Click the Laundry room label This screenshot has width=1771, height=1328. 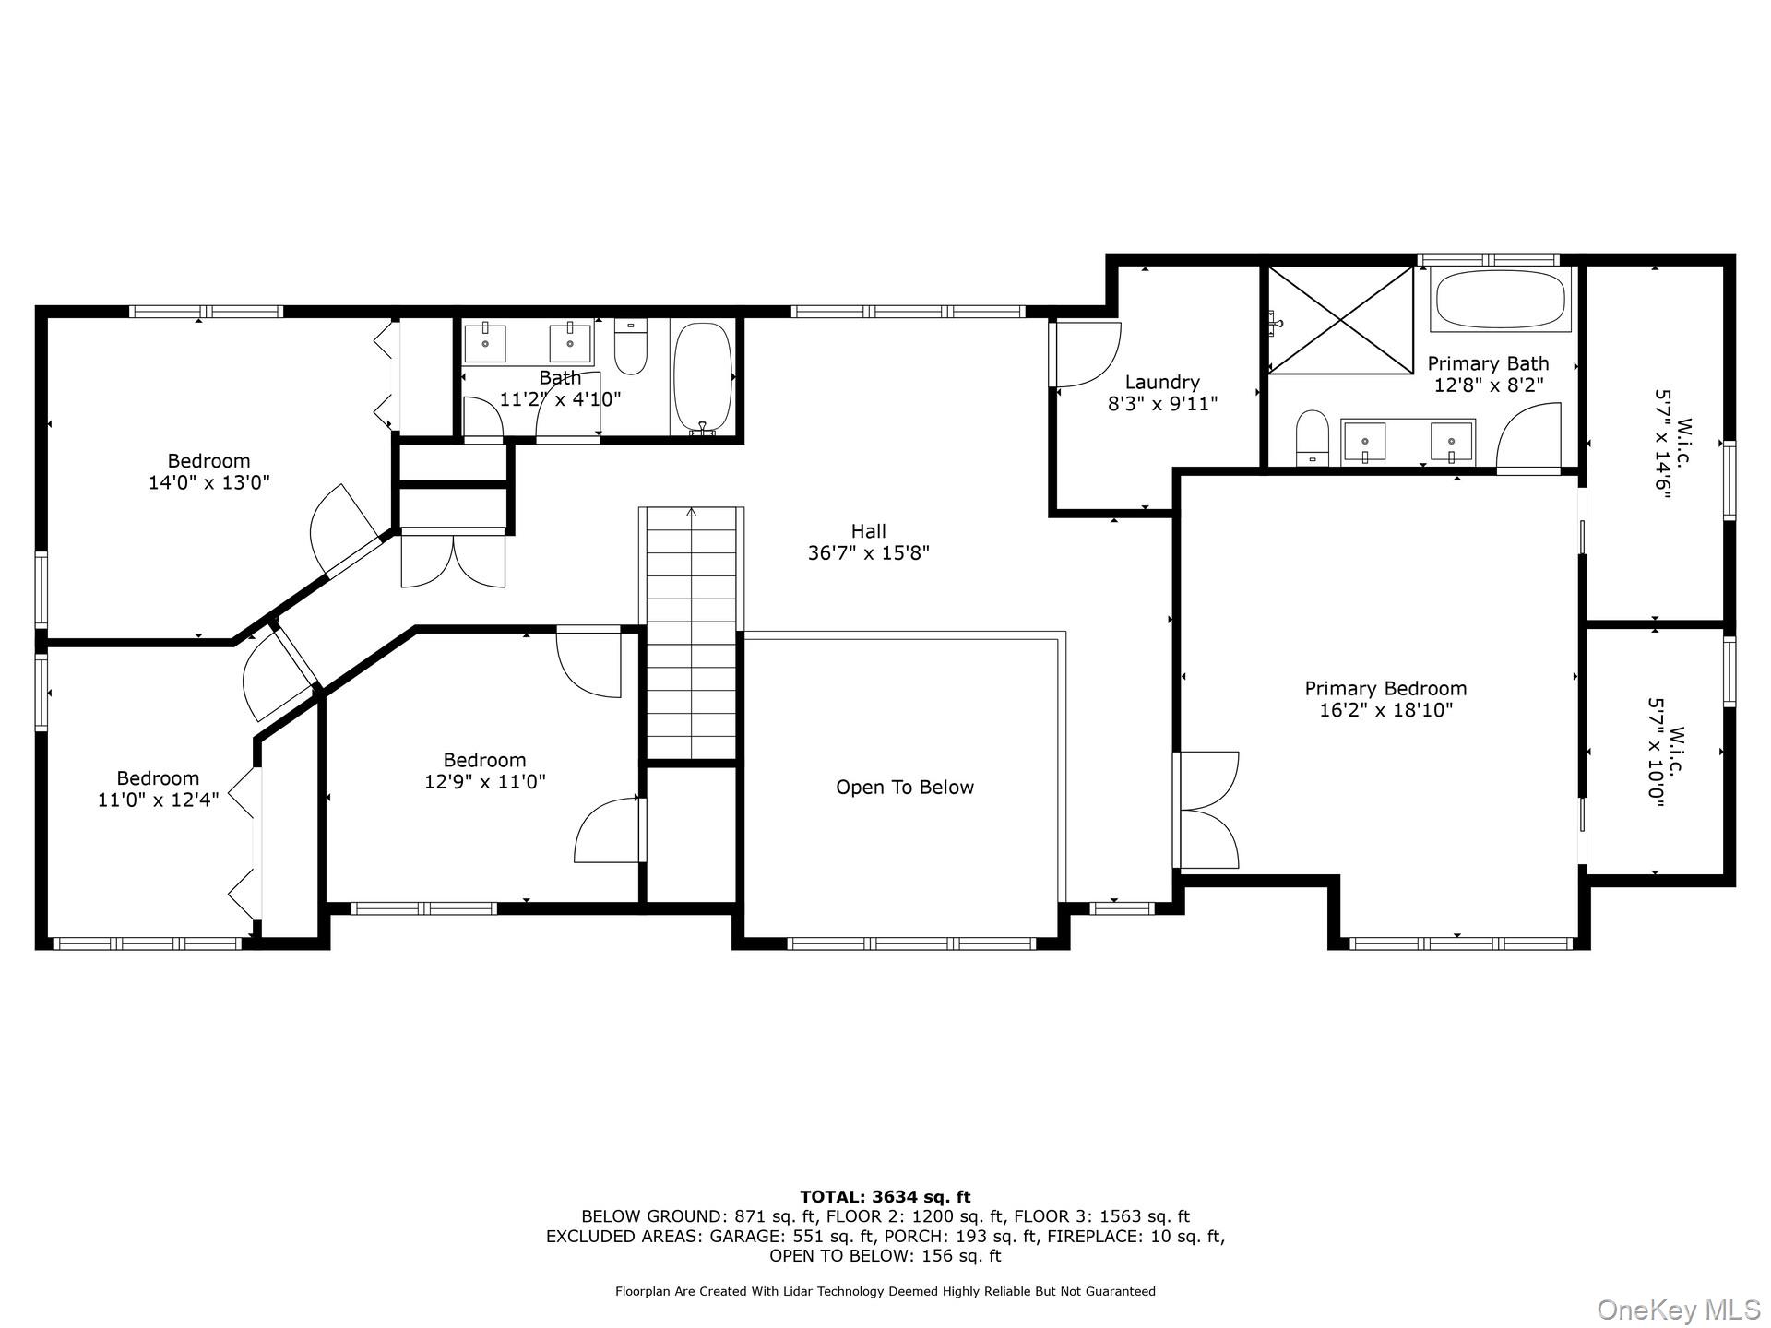[1162, 382]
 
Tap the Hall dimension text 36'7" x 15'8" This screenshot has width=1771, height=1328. [868, 553]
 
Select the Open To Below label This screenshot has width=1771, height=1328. [905, 787]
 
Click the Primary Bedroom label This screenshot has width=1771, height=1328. [1385, 688]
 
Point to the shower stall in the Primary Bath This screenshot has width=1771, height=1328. [1340, 320]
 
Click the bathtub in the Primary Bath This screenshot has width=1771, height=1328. [1501, 299]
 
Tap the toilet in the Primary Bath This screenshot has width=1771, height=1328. [1312, 438]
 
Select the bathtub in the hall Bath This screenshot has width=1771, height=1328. [703, 378]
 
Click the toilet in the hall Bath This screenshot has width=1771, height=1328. [631, 346]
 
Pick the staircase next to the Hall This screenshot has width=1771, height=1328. [691, 634]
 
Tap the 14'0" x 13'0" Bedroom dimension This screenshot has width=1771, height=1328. [209, 482]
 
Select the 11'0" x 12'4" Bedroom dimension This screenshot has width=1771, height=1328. [159, 800]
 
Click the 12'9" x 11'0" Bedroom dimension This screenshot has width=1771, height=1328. [485, 782]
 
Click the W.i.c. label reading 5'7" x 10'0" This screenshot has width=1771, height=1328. [1668, 753]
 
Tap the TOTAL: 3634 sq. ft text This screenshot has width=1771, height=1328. [885, 1197]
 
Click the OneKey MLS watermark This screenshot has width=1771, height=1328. [1679, 1310]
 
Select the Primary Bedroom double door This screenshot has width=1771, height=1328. [1206, 810]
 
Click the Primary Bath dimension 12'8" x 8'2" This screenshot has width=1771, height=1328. [1489, 385]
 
